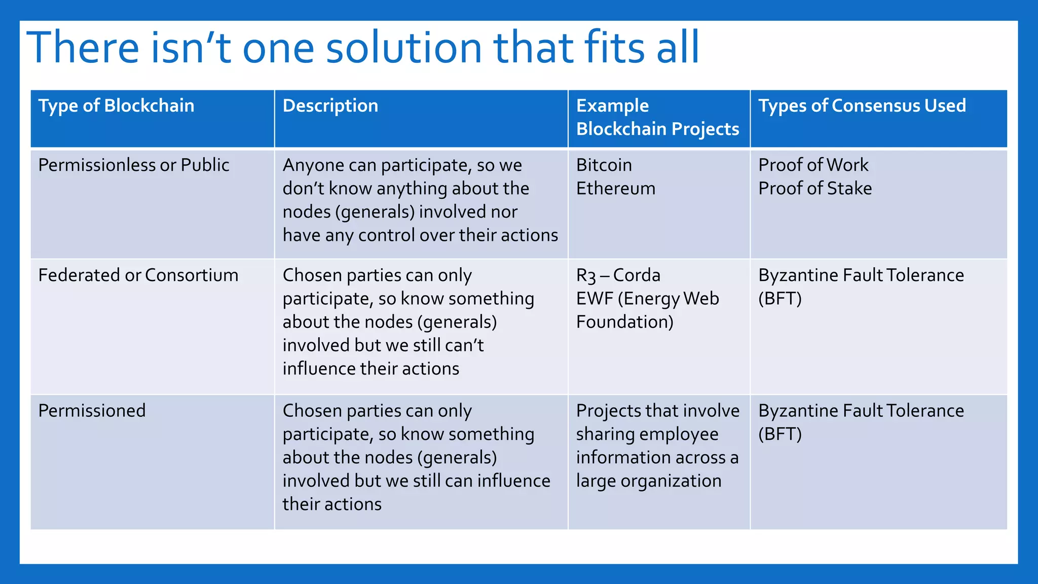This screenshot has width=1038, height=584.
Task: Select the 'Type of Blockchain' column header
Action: pyautogui.click(x=116, y=105)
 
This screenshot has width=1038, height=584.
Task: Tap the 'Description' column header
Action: pyautogui.click(x=330, y=105)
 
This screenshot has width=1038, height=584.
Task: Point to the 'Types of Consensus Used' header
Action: pyautogui.click(x=862, y=105)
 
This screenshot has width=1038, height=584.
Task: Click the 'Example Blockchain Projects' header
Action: pyautogui.click(x=657, y=117)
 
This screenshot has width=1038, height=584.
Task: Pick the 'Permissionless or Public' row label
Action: pyautogui.click(x=133, y=165)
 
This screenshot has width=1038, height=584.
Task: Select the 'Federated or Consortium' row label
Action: pyautogui.click(x=138, y=275)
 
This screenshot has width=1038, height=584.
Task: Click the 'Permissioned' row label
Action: pyautogui.click(x=92, y=411)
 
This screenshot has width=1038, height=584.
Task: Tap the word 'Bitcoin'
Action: pyautogui.click(x=604, y=165)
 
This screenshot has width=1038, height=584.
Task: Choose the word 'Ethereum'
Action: pyautogui.click(x=615, y=188)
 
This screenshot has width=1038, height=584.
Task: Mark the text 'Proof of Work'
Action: pyautogui.click(x=813, y=165)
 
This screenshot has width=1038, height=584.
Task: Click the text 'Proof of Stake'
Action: pyautogui.click(x=814, y=188)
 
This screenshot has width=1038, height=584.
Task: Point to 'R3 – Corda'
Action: pyautogui.click(x=618, y=275)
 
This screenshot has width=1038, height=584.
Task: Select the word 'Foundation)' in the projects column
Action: pyautogui.click(x=624, y=322)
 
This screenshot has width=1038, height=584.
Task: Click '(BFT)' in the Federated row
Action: pyautogui.click(x=780, y=299)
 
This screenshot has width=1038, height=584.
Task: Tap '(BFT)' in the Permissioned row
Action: pyautogui.click(x=780, y=434)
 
